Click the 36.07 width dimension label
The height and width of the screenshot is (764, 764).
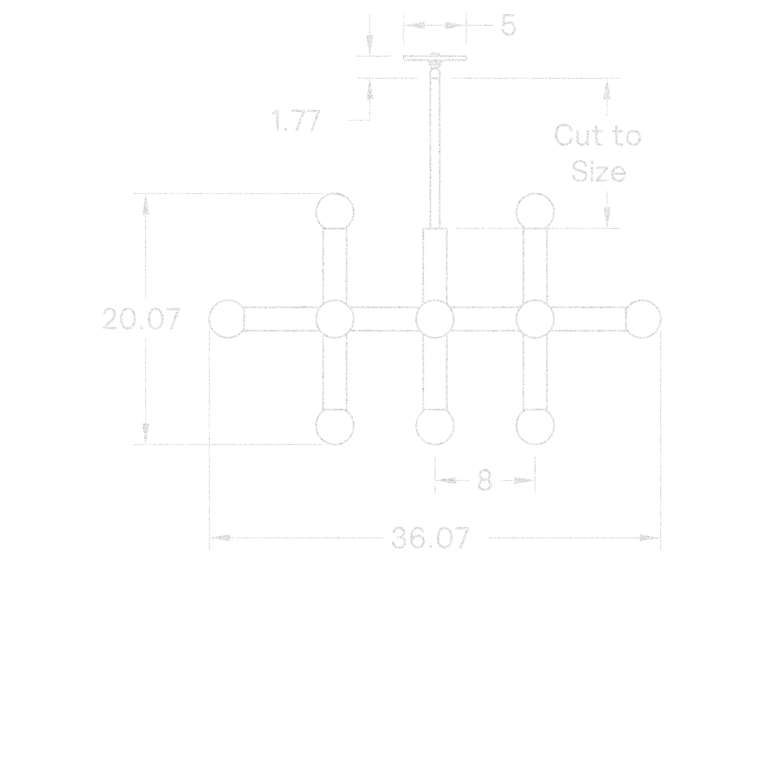click(x=430, y=538)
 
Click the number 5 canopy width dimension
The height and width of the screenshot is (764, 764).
click(x=509, y=25)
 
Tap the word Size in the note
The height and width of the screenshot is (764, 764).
click(x=599, y=172)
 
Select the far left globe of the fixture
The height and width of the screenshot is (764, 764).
click(x=227, y=319)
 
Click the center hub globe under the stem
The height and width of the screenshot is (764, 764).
click(x=435, y=319)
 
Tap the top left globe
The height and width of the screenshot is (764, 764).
click(x=334, y=211)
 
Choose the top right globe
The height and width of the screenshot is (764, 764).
click(x=535, y=211)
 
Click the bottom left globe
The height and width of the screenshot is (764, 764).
click(x=334, y=427)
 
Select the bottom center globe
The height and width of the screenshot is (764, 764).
click(x=435, y=427)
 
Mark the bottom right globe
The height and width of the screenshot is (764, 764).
click(x=535, y=427)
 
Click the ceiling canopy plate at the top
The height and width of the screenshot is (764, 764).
click(x=435, y=59)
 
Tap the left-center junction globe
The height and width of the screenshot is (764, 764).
click(x=334, y=319)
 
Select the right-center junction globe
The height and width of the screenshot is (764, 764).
click(x=535, y=319)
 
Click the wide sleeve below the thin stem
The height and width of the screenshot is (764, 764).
click(x=436, y=265)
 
